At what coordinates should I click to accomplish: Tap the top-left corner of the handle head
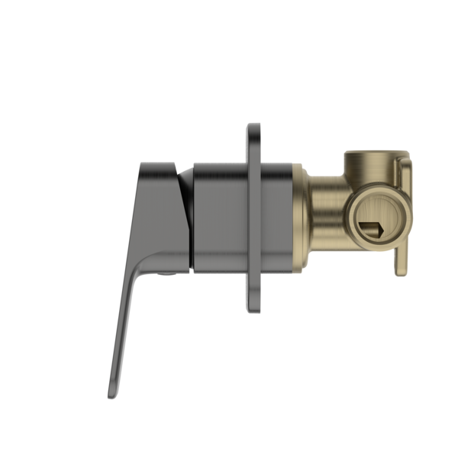pyautogui.click(x=139, y=164)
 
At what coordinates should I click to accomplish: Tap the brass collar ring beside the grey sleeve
pyautogui.click(x=299, y=218)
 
